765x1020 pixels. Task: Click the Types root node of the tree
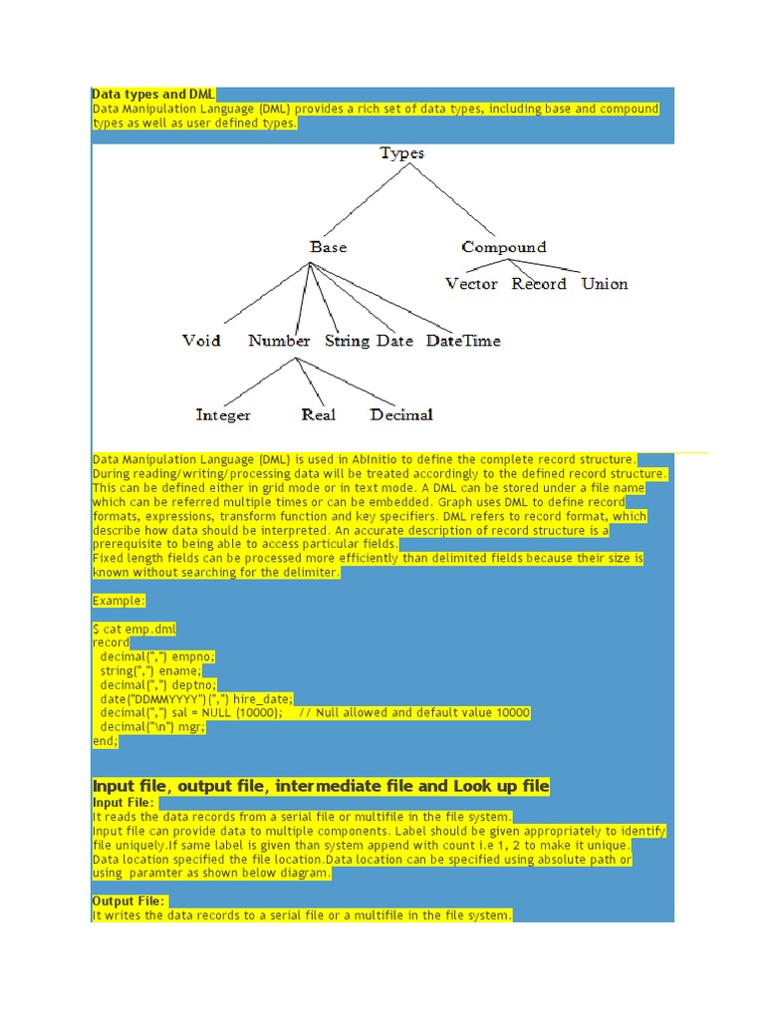tap(401, 153)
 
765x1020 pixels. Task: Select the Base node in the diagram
tap(328, 247)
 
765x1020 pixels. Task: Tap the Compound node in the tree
tap(503, 247)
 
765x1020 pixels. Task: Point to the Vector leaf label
tap(471, 284)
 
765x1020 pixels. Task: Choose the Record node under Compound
tap(539, 284)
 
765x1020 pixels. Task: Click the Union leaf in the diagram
tap(605, 284)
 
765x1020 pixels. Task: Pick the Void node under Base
tap(201, 341)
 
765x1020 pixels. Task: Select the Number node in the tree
tap(279, 341)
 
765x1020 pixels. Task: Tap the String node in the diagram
tap(347, 341)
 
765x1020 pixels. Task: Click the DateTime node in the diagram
tap(462, 341)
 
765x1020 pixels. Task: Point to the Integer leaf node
tap(223, 415)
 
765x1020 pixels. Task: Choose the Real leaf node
tap(319, 415)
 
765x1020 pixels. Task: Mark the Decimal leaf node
tap(401, 415)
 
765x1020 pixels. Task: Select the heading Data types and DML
tap(153, 94)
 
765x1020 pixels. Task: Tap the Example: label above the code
tap(119, 601)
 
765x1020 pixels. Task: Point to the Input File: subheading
tap(124, 802)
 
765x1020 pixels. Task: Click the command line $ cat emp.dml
tap(134, 629)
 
